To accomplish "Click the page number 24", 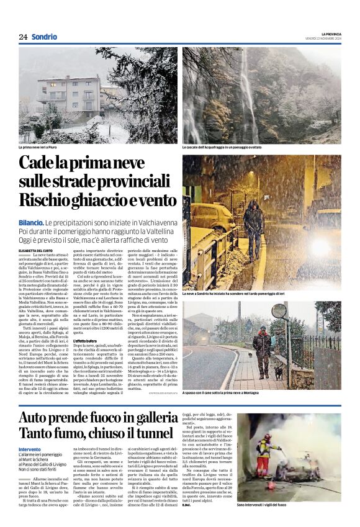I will coord(22,37).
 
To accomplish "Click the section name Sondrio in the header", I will coord(44,37).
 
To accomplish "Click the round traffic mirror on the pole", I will coord(280,310).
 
